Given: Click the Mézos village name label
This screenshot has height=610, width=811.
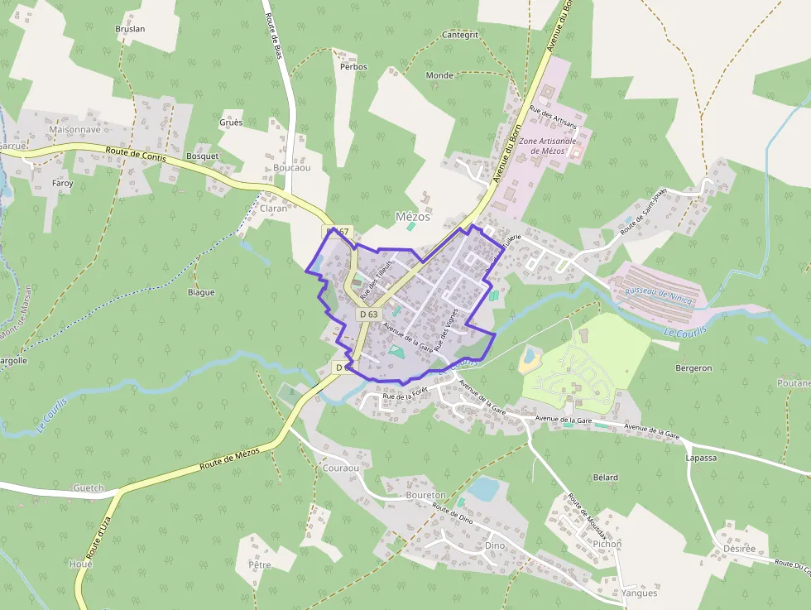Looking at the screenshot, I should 413,217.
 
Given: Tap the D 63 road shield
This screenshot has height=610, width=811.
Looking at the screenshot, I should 368,315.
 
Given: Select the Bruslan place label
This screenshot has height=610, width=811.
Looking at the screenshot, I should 130,29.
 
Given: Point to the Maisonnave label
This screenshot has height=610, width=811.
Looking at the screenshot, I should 74,130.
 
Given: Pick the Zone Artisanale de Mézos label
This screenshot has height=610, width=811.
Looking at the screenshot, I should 547,146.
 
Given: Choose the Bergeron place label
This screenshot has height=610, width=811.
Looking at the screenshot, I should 693,367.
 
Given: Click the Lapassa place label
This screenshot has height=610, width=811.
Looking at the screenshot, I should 701,457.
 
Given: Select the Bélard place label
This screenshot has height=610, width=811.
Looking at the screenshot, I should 606,478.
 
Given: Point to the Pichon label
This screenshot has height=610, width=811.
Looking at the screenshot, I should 607,545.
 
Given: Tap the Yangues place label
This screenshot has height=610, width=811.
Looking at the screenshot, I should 639,593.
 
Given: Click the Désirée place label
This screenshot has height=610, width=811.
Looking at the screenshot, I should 739,549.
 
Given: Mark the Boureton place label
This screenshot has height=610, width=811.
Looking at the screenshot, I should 425,495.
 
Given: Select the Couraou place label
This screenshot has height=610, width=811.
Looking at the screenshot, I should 339,468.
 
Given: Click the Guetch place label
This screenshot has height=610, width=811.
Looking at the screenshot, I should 89,488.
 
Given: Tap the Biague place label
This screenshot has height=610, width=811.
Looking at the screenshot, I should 201,292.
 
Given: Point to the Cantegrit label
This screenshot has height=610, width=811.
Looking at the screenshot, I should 460,36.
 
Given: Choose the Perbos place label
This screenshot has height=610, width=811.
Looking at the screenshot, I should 353,66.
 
